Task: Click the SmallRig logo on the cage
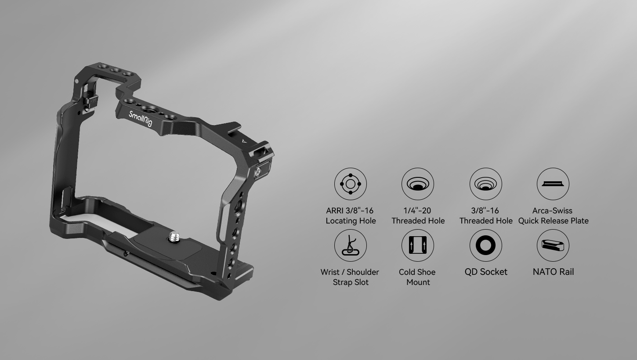point(141,119)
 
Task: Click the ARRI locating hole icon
point(351,184)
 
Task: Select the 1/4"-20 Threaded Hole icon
point(418,184)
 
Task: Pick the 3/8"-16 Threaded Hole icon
point(486,184)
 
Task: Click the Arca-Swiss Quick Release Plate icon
point(553,184)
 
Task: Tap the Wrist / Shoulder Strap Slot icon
point(351,245)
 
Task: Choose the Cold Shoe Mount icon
point(418,245)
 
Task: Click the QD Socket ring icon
point(486,245)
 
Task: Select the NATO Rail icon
point(553,245)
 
